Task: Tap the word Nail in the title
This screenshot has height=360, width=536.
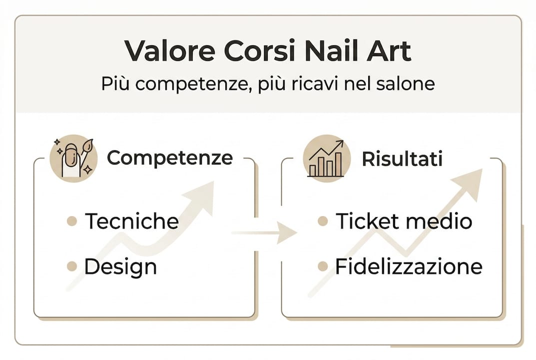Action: (323, 51)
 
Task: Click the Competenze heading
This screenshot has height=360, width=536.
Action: (170, 158)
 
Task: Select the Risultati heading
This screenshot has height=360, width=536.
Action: (402, 158)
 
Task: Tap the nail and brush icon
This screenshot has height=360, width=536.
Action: (73, 157)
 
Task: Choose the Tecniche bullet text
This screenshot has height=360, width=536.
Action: (132, 220)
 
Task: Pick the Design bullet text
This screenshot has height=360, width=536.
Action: (120, 266)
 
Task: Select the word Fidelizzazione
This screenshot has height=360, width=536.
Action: (409, 266)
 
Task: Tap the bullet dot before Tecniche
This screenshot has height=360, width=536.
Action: (72, 221)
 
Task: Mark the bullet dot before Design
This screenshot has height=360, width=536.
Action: (72, 266)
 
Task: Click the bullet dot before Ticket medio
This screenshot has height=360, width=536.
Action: (323, 221)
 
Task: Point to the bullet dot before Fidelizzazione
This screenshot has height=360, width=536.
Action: (323, 266)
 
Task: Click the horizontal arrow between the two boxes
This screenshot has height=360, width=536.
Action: (265, 233)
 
